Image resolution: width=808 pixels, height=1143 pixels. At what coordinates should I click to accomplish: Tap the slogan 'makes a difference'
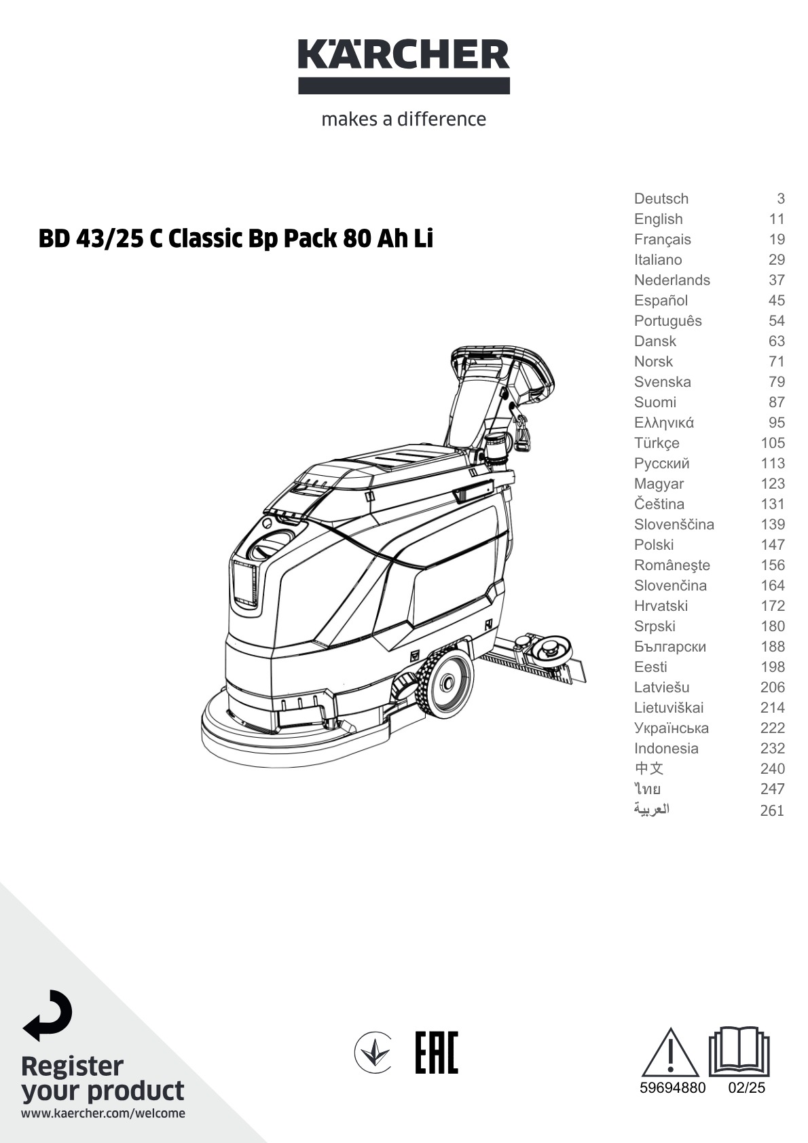[x=404, y=119]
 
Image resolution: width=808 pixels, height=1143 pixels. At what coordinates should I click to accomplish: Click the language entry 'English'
[x=658, y=219]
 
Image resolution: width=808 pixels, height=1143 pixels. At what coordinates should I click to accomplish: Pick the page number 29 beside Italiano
[x=776, y=260]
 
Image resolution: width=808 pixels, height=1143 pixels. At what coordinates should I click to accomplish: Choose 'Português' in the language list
[x=667, y=321]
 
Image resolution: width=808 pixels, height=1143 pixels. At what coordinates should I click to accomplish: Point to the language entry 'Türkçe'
[x=657, y=443]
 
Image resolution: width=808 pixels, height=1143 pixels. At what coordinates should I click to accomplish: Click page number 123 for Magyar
[x=772, y=484]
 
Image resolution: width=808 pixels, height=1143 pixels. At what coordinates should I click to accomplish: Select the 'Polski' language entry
[x=654, y=545]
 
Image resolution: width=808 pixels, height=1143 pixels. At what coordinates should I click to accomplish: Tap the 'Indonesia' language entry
[x=666, y=749]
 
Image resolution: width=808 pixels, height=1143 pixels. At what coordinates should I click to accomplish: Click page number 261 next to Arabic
[x=772, y=810]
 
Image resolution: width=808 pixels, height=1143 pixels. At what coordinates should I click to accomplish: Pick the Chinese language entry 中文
[x=648, y=768]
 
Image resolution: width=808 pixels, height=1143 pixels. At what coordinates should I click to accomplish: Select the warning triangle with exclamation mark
[x=670, y=1060]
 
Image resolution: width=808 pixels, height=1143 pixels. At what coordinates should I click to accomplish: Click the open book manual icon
[x=739, y=1051]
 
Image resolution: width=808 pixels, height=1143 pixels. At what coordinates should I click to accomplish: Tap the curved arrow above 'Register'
[x=48, y=1015]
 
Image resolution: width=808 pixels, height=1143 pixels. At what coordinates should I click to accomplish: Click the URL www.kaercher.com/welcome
[x=103, y=1113]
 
